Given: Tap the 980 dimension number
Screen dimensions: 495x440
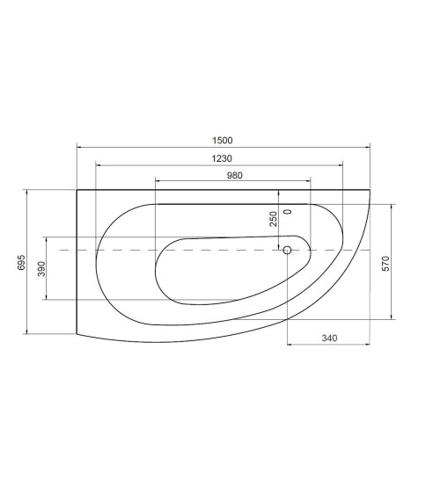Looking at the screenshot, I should point(233,175).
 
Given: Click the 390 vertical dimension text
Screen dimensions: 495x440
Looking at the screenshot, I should point(40,268).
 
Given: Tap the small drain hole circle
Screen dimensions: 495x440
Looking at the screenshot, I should point(287,251).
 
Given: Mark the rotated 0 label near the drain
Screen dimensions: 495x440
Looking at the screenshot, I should point(287,213).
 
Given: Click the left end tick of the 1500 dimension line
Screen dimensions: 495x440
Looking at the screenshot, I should point(77,147).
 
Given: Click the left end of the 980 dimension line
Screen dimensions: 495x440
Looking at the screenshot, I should point(156,180).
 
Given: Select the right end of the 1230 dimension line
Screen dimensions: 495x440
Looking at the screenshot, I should point(342,164).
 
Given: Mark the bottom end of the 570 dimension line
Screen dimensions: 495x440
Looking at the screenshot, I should point(392,318).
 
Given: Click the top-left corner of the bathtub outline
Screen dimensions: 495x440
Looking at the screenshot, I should point(77,189).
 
